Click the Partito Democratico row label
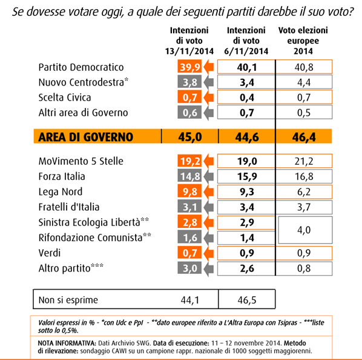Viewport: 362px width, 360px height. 80,67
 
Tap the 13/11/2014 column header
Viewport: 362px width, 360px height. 189,41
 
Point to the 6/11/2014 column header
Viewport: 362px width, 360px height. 246,41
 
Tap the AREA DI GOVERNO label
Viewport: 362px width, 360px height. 85,137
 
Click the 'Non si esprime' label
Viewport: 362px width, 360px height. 67,299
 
